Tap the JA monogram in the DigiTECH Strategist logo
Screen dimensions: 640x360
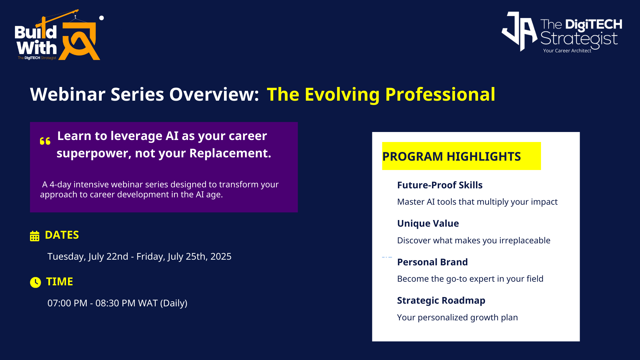519,32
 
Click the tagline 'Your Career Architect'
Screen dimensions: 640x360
567,51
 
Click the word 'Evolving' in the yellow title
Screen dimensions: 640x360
342,95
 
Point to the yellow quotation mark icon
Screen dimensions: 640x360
45,141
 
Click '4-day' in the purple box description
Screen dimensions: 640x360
60,185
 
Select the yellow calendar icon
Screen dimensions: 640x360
35,236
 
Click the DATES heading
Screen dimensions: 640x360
62,235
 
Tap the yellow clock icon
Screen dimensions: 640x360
35,282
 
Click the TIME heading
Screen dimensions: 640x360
59,282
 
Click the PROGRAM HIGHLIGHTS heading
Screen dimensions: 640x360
451,156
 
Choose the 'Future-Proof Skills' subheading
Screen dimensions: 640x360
440,185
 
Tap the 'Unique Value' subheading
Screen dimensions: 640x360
428,223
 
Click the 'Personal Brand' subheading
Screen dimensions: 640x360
432,262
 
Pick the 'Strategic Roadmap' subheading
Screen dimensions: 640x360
441,301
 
